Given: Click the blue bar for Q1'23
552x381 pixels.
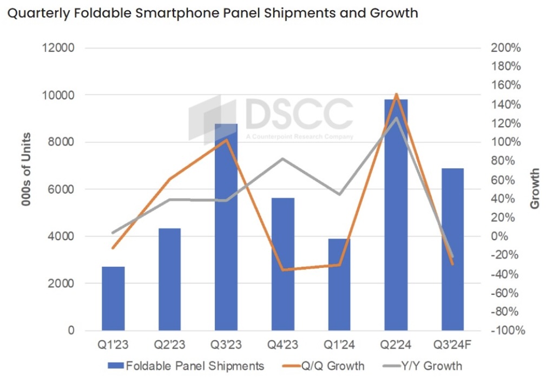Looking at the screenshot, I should click(113, 298).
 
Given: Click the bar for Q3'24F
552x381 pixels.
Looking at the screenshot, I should click(452, 249).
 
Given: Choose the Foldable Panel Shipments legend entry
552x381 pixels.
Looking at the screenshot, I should click(186, 366).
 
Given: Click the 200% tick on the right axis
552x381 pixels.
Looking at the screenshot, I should click(506, 48).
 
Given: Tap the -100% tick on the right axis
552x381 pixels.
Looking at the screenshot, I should click(506, 330).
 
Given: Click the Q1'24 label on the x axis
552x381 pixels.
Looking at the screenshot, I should click(339, 345).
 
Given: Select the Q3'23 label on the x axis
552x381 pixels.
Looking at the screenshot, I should click(226, 345).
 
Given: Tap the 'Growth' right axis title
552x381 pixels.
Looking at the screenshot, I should click(535, 189).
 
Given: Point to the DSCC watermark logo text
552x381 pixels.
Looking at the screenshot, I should click(298, 114).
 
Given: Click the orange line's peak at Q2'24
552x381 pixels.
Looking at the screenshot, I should click(396, 95).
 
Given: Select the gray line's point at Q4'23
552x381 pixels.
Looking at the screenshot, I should click(282, 159).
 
